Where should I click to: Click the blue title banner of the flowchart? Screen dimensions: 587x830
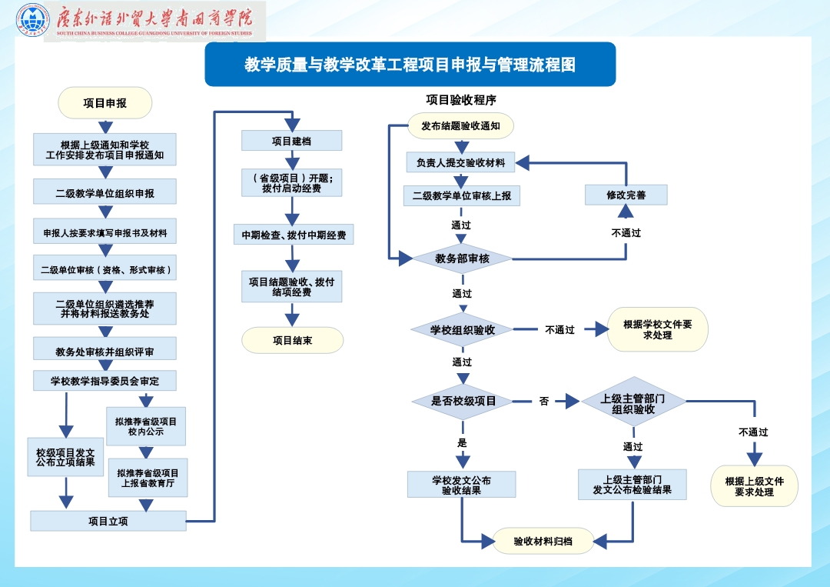point(410,65)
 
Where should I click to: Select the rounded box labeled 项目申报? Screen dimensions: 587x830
point(105,102)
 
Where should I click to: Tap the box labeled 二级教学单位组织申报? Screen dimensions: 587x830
point(105,193)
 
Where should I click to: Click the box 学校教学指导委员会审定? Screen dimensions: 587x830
point(105,381)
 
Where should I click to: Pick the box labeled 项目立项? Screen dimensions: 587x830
point(108,521)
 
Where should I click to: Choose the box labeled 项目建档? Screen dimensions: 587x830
point(291,141)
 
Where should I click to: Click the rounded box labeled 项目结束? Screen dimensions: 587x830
point(292,340)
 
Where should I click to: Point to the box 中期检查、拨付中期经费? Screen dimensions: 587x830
point(293,235)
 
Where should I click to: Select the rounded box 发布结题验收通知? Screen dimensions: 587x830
point(460,125)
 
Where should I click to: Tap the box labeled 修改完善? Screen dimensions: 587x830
point(626,195)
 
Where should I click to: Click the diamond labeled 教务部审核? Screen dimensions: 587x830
point(462,258)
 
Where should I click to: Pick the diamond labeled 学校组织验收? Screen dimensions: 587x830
point(462,330)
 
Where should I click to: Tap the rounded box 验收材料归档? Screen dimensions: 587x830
point(543,541)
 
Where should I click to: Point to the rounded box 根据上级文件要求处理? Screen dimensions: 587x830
point(754,486)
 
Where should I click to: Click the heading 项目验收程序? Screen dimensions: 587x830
point(461,99)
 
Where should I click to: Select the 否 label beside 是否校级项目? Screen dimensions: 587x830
point(544,401)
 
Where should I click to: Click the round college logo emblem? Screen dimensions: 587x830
point(32,21)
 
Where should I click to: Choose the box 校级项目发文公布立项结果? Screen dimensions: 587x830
point(65,457)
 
